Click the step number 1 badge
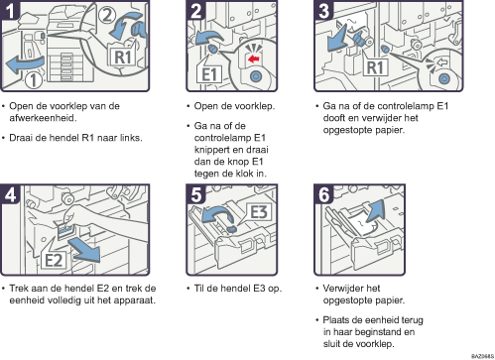click(x=10, y=10)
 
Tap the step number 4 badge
click(x=10, y=194)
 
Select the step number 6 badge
click(x=323, y=194)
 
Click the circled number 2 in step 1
click(x=106, y=15)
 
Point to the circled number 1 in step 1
click(x=34, y=80)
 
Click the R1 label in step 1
click(x=122, y=57)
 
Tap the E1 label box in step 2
click(x=209, y=73)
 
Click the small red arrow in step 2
click(x=253, y=60)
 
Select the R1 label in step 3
click(x=375, y=67)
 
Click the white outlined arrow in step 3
click(x=441, y=62)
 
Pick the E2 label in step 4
click(x=54, y=260)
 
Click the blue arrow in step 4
click(x=85, y=251)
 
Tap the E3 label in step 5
click(x=259, y=212)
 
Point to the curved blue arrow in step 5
click(x=215, y=214)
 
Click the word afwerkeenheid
click(x=43, y=118)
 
